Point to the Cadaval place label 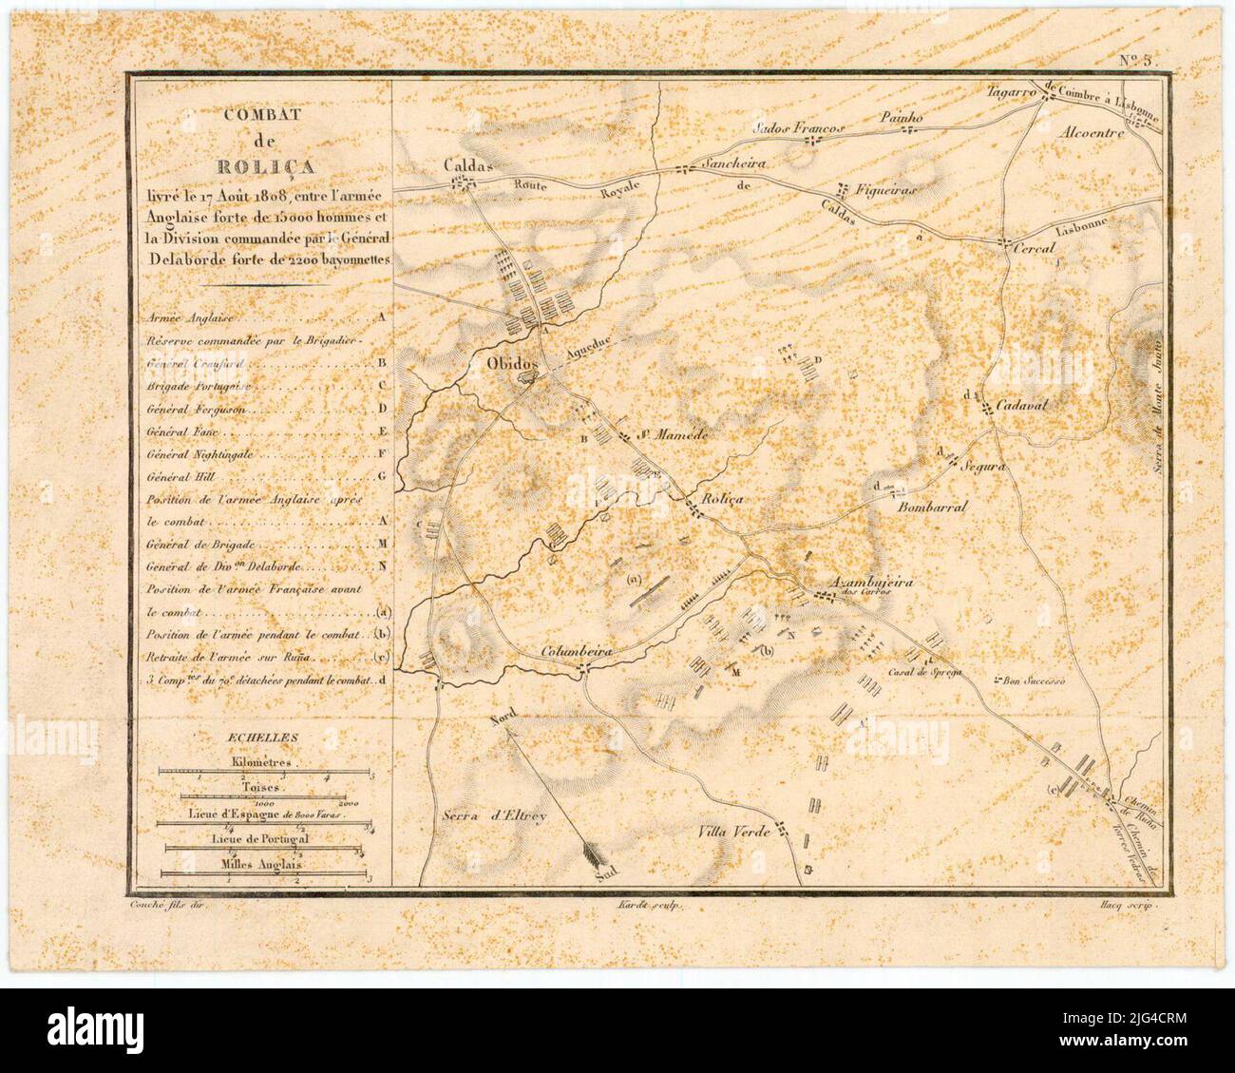point(1020,406)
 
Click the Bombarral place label point(932,507)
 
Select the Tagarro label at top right point(1012,91)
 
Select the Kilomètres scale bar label point(261,763)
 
